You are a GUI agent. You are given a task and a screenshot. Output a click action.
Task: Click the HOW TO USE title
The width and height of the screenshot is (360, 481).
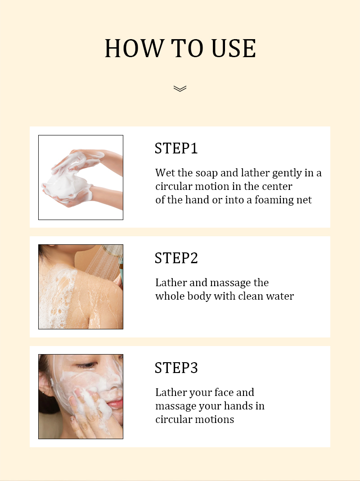(180, 49)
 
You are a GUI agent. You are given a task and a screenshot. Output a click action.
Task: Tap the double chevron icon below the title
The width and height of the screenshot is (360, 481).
(180, 88)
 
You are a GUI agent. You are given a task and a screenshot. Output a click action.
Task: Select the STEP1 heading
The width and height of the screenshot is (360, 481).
(176, 148)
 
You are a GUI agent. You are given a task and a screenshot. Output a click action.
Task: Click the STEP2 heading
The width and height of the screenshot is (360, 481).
(176, 258)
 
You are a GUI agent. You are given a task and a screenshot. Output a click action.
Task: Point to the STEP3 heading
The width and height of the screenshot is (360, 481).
(176, 368)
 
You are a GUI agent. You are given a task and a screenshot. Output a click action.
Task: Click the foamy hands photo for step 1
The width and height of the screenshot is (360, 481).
(81, 177)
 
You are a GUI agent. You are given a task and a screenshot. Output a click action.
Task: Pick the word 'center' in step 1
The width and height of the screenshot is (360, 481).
(276, 186)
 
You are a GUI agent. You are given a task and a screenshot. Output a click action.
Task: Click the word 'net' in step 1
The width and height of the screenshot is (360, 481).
(304, 200)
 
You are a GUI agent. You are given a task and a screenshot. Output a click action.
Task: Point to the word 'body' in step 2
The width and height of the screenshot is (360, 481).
(201, 297)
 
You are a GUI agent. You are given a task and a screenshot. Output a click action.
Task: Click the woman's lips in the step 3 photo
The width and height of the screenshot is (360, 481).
(115, 404)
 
